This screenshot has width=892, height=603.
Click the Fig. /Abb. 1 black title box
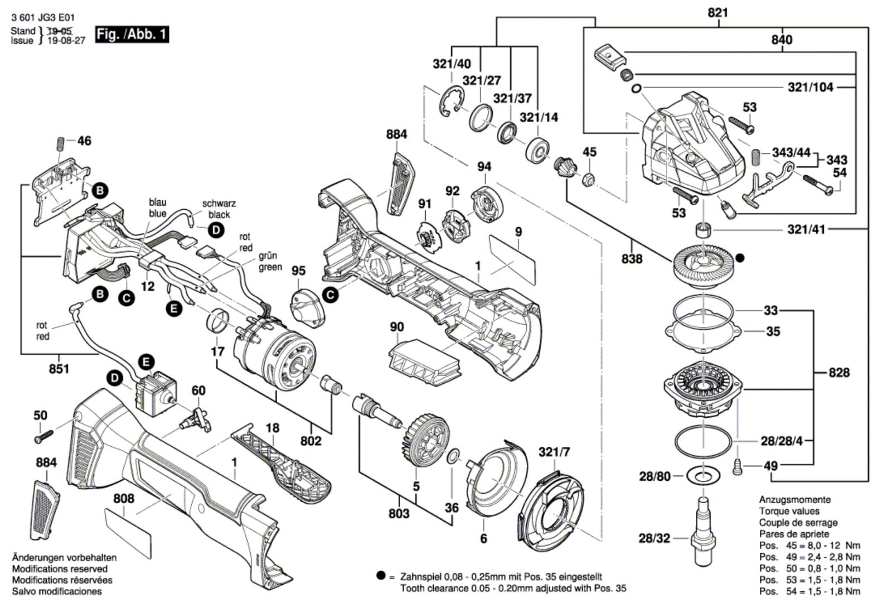[132, 35]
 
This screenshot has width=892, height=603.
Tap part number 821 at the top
[718, 12]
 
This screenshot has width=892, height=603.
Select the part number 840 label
[782, 40]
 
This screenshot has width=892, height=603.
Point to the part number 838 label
[632, 259]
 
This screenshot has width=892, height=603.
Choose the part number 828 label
[838, 372]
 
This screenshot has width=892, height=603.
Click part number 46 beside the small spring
[84, 141]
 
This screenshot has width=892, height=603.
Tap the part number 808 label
[124, 498]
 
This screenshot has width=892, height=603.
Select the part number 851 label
[59, 369]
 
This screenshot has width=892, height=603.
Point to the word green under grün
[270, 267]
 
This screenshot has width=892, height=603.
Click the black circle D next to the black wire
[216, 230]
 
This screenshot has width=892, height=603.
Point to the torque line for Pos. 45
[809, 545]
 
